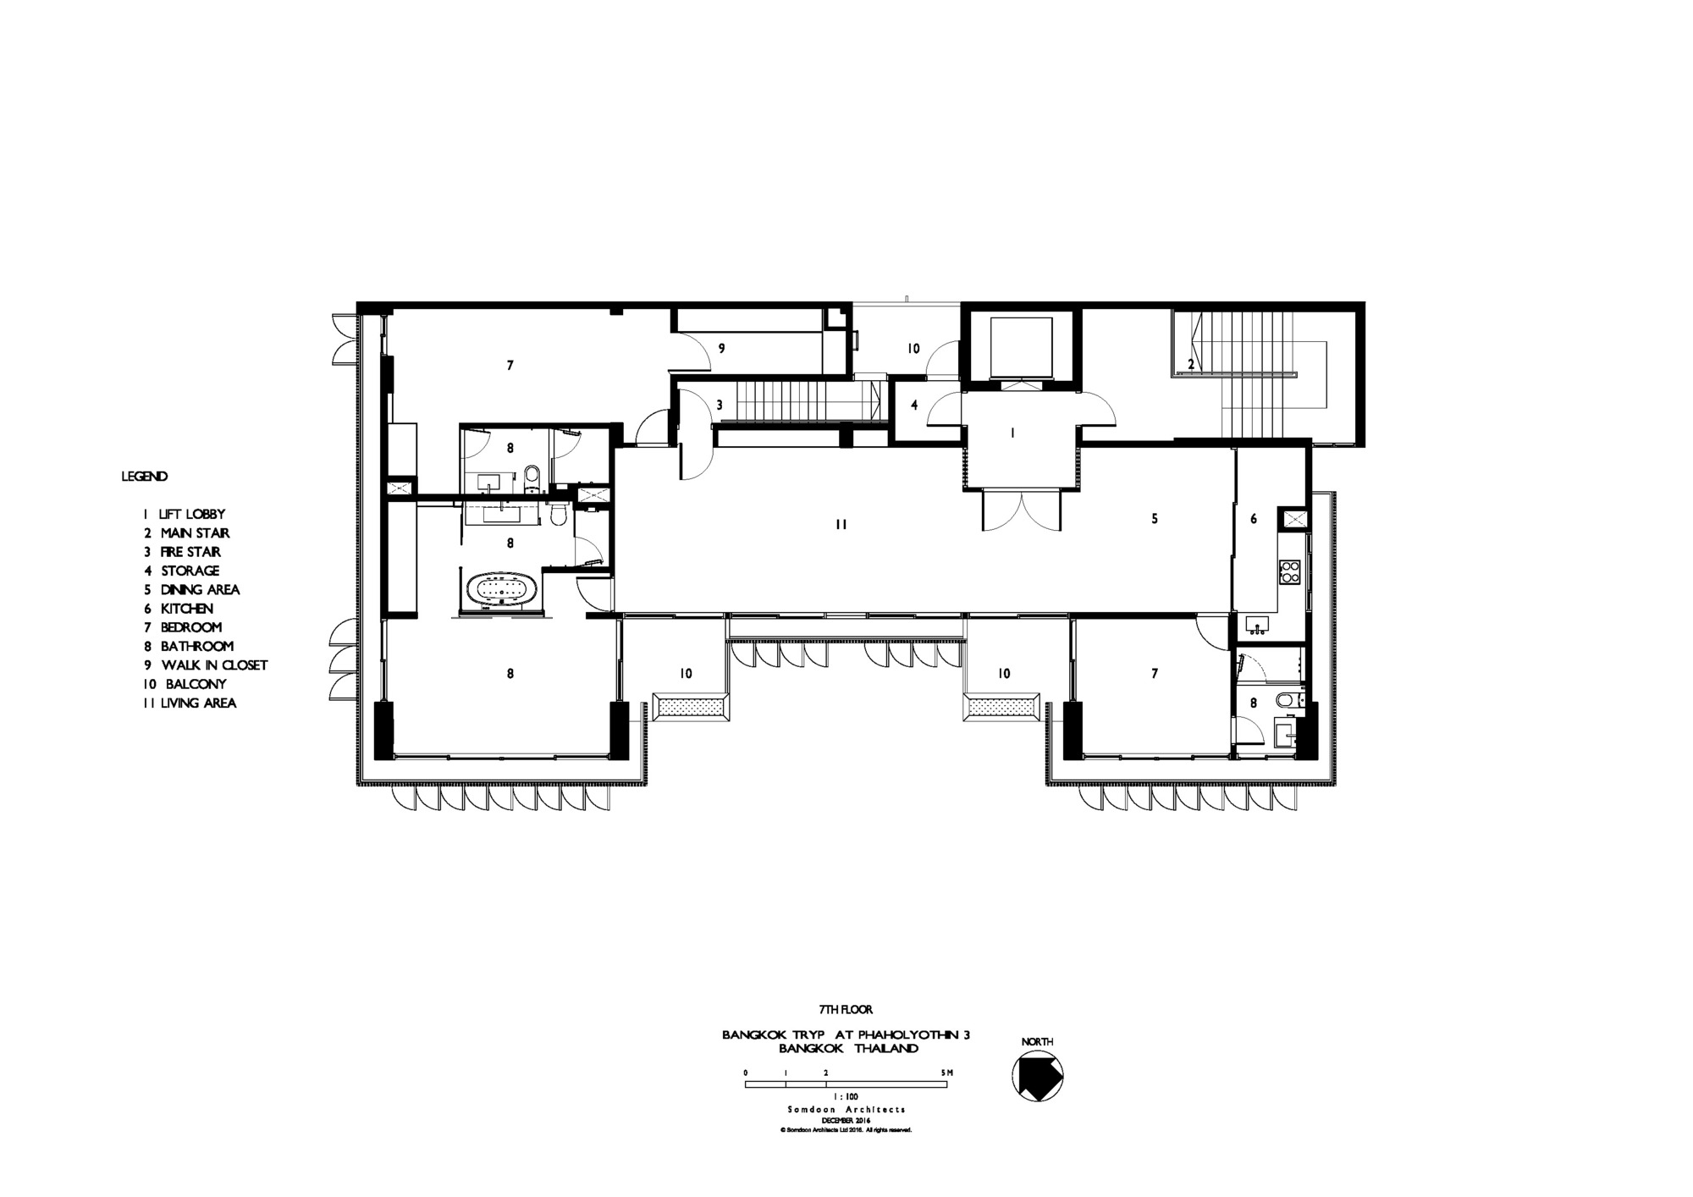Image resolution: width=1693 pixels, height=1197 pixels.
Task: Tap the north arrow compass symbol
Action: pyautogui.click(x=1037, y=1077)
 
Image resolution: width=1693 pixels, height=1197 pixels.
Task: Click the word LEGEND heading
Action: pyautogui.click(x=145, y=477)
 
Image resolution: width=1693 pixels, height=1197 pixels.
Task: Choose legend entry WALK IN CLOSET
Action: pyautogui.click(x=206, y=665)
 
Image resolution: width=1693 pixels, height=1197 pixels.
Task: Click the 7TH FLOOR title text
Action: pyautogui.click(x=845, y=1009)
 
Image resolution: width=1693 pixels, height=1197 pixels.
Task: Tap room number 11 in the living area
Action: pyautogui.click(x=841, y=525)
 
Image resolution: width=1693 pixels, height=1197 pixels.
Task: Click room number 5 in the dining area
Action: pyautogui.click(x=1155, y=519)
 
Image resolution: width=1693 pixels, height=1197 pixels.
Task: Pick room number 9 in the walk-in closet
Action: pyautogui.click(x=721, y=348)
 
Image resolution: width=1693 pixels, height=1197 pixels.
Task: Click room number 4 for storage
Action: pyautogui.click(x=914, y=405)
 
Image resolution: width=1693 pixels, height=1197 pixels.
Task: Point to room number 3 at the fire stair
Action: pyautogui.click(x=720, y=405)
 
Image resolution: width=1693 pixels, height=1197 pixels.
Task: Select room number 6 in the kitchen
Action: pyautogui.click(x=1255, y=519)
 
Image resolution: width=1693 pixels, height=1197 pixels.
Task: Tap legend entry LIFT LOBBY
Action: pyautogui.click(x=185, y=514)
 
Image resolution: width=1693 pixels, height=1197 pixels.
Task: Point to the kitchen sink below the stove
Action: pyautogui.click(x=1257, y=626)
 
